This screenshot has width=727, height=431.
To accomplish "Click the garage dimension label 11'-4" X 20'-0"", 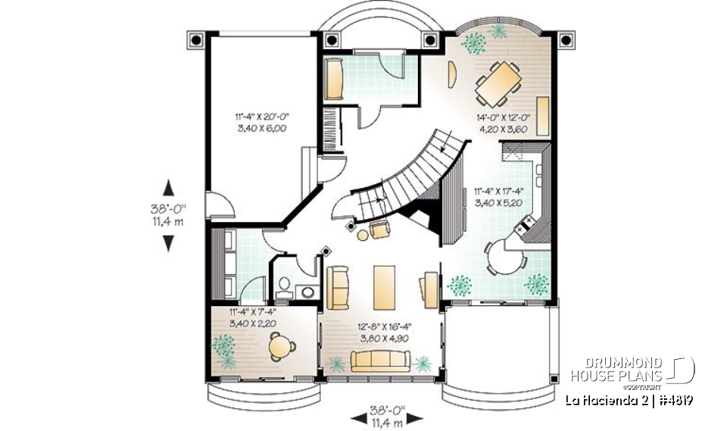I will [263, 123].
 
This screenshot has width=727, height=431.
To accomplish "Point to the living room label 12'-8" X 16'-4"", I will [383, 334].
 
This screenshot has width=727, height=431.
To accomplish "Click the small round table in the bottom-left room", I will [282, 347].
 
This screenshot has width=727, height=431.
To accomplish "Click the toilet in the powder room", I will [285, 285].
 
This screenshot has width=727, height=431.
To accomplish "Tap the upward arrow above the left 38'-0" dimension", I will [168, 186].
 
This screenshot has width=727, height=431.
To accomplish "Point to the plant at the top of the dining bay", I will [499, 31].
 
